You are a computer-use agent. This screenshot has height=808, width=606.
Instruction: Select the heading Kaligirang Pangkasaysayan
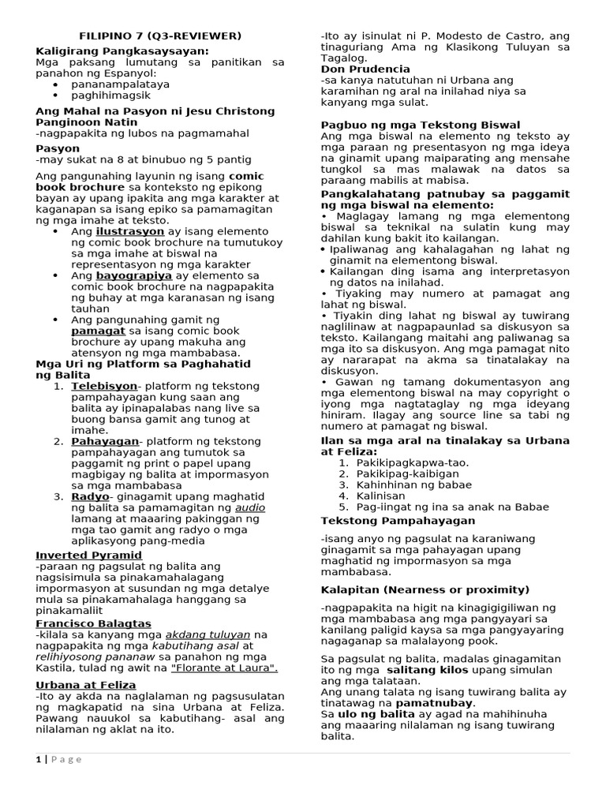coord(122,50)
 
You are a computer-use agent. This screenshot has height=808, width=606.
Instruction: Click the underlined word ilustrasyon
coord(130,232)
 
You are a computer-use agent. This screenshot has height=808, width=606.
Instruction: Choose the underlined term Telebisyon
coord(104,386)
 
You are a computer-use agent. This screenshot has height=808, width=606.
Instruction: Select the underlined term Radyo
coord(90,496)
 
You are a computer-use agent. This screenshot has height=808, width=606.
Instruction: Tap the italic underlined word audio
coord(250,507)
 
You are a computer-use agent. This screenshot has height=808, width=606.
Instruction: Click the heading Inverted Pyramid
coord(88,555)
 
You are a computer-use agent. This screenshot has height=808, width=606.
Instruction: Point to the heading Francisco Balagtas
coord(93,623)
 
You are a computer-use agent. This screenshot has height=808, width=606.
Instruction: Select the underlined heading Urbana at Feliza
coord(86,684)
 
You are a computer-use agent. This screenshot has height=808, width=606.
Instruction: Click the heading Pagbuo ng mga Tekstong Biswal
coord(420,125)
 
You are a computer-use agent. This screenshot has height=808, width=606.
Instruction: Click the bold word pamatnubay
coord(434,701)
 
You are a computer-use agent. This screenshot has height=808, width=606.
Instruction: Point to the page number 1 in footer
coord(38,759)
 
